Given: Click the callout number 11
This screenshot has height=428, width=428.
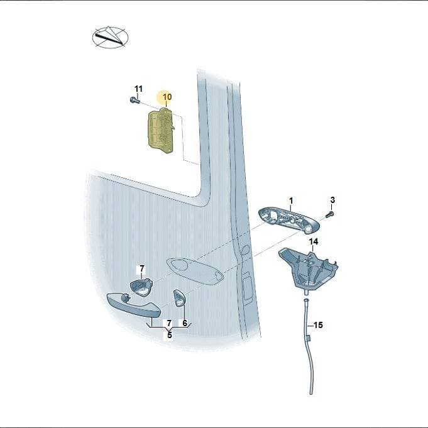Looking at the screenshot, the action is pos(139,89).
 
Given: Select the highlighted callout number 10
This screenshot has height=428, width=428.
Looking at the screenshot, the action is pos(167,97).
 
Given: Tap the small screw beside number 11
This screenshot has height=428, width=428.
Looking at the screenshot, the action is pos(134,100).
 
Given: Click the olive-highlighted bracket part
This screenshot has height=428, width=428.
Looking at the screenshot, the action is pos(161,131).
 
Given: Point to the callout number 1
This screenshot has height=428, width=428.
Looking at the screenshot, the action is pos(291,200).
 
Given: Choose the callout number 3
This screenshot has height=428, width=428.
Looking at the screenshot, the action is pos(332,200).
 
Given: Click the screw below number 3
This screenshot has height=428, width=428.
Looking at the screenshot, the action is pos(330,214).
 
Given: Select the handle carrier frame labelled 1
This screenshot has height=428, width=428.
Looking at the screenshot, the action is pos(289,221).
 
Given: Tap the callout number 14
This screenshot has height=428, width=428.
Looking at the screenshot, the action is pos(314,241).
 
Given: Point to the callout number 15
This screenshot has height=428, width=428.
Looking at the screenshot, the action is pos(318,325).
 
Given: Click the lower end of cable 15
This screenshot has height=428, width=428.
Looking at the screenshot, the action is pos(311,393).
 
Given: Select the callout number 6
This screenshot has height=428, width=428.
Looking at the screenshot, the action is pos(185,323).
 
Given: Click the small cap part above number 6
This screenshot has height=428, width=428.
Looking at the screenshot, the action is pos(179,299).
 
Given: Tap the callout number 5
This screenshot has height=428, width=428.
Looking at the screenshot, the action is pos(170,334).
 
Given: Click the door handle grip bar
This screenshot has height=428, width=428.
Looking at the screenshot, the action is pos(134,305).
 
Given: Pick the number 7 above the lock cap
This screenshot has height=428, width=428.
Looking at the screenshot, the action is pos(141,269).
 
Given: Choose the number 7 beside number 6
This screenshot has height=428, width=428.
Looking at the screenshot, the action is pos(169,323).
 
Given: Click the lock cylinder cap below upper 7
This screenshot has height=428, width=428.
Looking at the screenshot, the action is pos(141,287).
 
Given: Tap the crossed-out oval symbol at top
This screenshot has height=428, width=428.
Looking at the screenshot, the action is pos(110,38).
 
